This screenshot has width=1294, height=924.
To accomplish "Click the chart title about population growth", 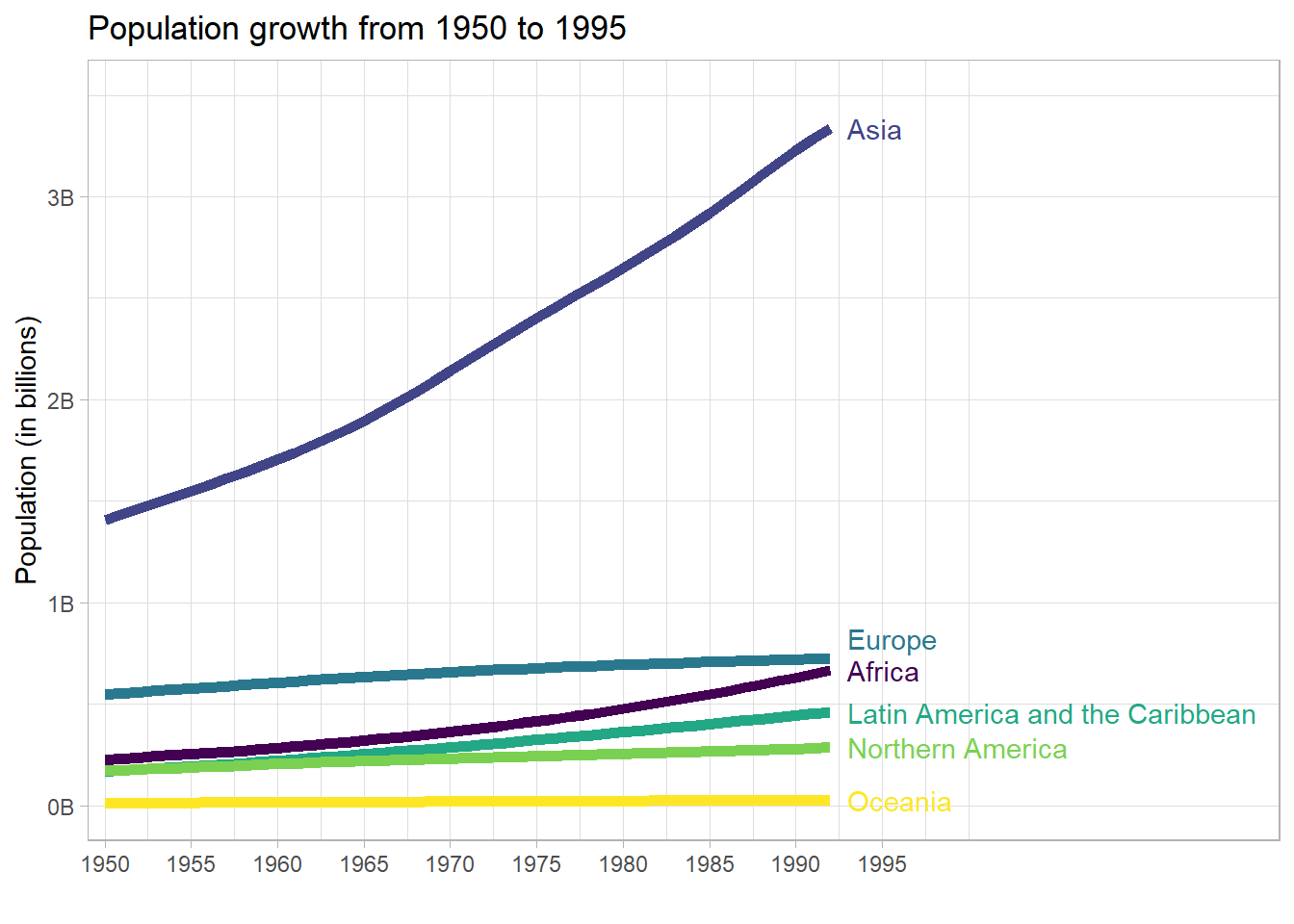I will [x=356, y=29].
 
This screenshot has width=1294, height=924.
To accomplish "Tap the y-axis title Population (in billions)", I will [x=27, y=449].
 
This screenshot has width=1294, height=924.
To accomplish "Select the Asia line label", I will [x=874, y=131].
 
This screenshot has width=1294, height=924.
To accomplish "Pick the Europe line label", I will [x=892, y=641].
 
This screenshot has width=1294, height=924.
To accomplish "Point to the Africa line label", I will [x=883, y=672].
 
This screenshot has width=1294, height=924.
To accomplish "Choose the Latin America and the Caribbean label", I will [x=1051, y=715].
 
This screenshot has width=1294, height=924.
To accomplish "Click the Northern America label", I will [x=957, y=750].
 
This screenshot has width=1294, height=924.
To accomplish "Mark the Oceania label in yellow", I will [x=899, y=803].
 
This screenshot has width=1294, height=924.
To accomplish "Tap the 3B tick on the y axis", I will [x=61, y=198].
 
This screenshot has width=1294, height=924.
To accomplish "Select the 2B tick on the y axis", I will [x=61, y=401].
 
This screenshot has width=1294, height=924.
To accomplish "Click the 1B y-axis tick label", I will [x=61, y=604].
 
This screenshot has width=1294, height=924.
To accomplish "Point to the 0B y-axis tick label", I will [x=61, y=808].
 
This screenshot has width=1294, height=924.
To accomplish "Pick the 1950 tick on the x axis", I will [x=105, y=864].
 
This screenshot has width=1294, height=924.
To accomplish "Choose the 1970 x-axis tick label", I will [x=451, y=864].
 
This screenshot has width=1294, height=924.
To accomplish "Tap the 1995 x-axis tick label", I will [x=882, y=864].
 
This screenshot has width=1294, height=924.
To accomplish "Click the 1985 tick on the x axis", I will [x=710, y=864].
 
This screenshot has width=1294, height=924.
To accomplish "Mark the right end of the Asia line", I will [x=828, y=130].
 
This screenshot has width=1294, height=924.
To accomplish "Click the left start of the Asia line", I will [x=108, y=519].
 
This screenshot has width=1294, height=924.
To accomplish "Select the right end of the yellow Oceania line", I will [x=828, y=801].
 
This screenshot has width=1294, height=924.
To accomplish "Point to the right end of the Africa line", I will [x=828, y=671].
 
